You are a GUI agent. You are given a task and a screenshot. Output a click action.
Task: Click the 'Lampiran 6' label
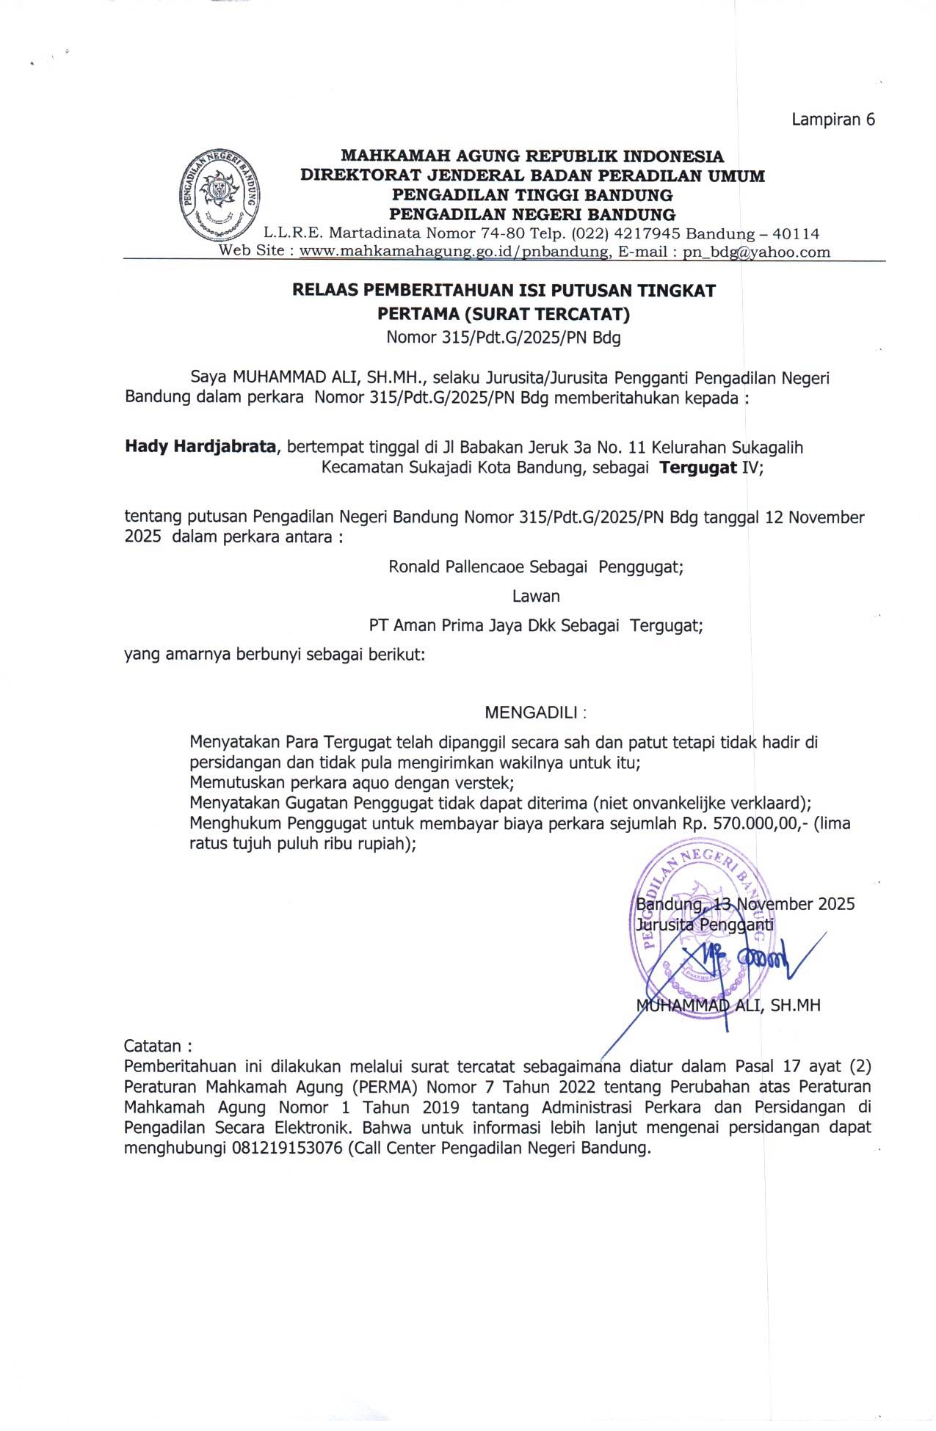click(832, 120)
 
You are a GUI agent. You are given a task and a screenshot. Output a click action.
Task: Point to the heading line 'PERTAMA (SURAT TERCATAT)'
click(503, 314)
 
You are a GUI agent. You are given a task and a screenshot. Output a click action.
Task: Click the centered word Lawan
click(536, 596)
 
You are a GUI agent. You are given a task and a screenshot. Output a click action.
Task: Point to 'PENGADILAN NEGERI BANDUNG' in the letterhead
click(532, 215)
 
